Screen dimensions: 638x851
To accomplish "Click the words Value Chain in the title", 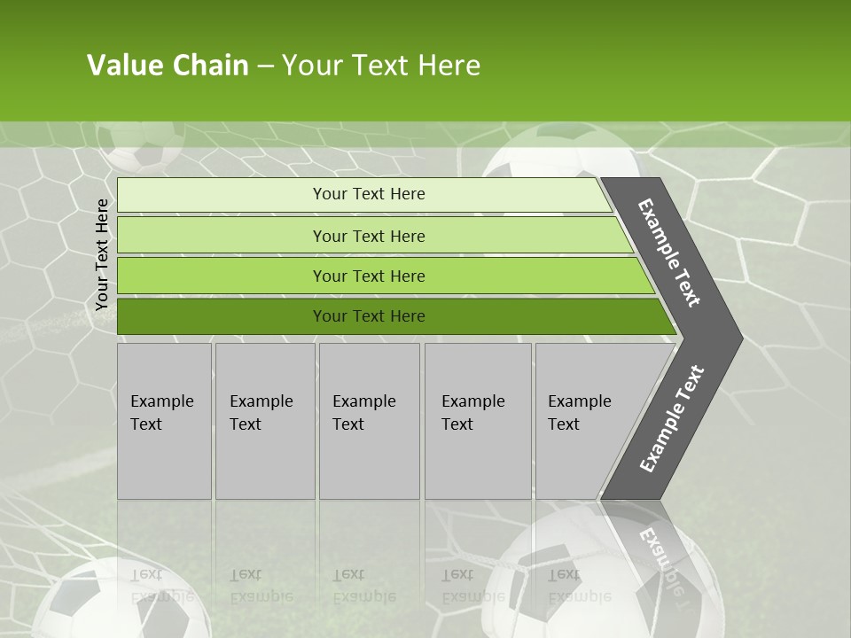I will click(168, 66).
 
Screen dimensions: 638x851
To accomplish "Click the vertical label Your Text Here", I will click(102, 254).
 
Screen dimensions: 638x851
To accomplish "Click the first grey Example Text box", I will click(164, 420).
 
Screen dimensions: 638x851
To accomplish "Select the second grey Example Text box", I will click(264, 420).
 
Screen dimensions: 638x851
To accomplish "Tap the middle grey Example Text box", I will click(369, 420).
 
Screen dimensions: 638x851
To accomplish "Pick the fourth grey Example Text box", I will click(477, 420).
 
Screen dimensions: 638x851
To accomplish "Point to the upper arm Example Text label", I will click(669, 253).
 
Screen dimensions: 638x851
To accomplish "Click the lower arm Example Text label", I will click(671, 418).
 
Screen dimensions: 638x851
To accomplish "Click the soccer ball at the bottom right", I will click(612, 576).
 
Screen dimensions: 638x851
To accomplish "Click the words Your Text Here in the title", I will click(381, 66).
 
